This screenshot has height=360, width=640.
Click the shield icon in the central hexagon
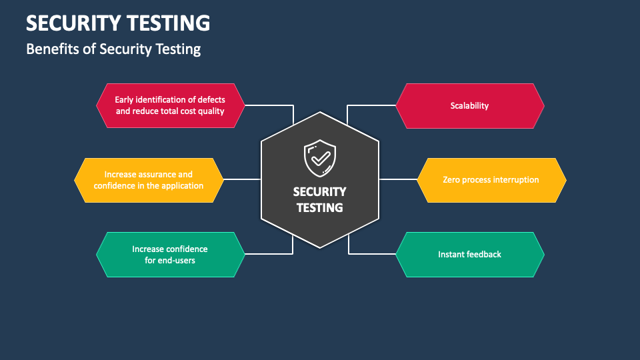320,159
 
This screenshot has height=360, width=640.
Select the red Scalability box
470,106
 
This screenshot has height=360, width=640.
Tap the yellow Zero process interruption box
491,180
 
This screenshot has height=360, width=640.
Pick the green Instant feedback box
470,254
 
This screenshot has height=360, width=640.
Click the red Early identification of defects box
170,105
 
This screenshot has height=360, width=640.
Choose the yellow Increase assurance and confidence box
149,180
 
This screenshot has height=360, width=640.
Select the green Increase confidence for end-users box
170,254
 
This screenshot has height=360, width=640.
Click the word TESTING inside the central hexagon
319,208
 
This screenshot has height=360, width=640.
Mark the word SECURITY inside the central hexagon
319,192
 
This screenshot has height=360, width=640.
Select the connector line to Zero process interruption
398,179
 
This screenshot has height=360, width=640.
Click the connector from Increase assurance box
243,179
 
